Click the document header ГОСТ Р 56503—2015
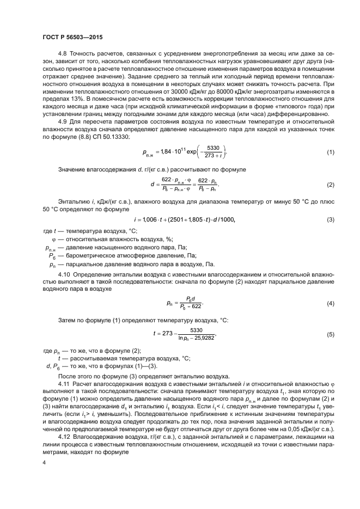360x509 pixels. [72, 37]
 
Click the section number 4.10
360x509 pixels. [65, 276]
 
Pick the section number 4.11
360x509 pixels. [64, 384]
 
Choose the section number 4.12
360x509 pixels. [64, 437]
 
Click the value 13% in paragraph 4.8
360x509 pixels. [72, 101]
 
